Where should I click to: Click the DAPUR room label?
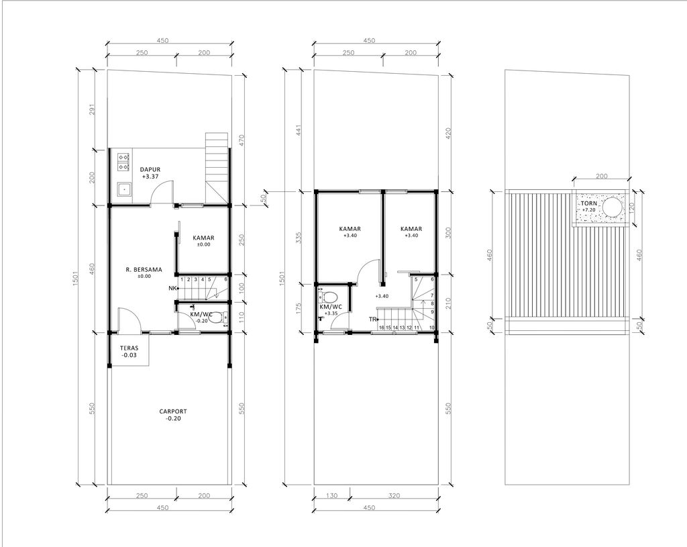(150, 169)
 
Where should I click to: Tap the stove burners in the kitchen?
(124, 160)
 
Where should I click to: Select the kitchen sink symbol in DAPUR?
(124, 189)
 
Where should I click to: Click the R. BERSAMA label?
(144, 270)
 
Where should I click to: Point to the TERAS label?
(129, 348)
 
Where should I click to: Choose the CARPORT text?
(173, 411)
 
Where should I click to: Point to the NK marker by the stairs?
(172, 289)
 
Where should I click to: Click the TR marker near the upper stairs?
(371, 319)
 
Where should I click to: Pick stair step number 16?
(381, 328)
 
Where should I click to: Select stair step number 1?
(182, 279)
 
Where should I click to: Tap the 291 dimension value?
(93, 108)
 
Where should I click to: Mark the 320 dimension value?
(394, 497)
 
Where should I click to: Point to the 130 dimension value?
(331, 497)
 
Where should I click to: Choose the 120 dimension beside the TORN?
(639, 208)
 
